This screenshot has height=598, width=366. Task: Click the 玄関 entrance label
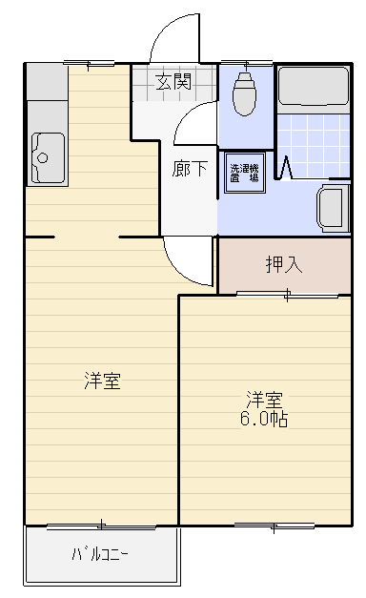coord(173,82)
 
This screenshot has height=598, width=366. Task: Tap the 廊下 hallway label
coord(190,169)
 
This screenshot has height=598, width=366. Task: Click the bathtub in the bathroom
coord(313,87)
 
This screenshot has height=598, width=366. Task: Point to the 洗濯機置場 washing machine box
coord(244,173)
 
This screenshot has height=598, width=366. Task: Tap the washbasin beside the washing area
coord(333,208)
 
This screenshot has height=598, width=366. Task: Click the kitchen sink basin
coord(48,157)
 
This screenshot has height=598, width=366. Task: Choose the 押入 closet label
coord(284,264)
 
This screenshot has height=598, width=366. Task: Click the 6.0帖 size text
coord(264,419)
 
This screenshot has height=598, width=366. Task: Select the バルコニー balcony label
coord(100,554)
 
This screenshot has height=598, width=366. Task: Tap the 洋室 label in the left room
coord(102,381)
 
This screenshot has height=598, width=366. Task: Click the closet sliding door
coord(287,294)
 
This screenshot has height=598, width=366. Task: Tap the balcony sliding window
coord(101,526)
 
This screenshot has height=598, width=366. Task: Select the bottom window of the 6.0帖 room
coord(274,526)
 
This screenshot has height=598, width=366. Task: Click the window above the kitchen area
coord(89,63)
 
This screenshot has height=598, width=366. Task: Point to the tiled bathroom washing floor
coord(313,146)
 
